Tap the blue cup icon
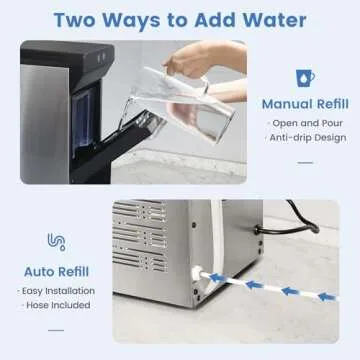[x=306, y=77]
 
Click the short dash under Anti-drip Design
[x=305, y=159]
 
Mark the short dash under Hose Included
[x=56, y=326]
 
